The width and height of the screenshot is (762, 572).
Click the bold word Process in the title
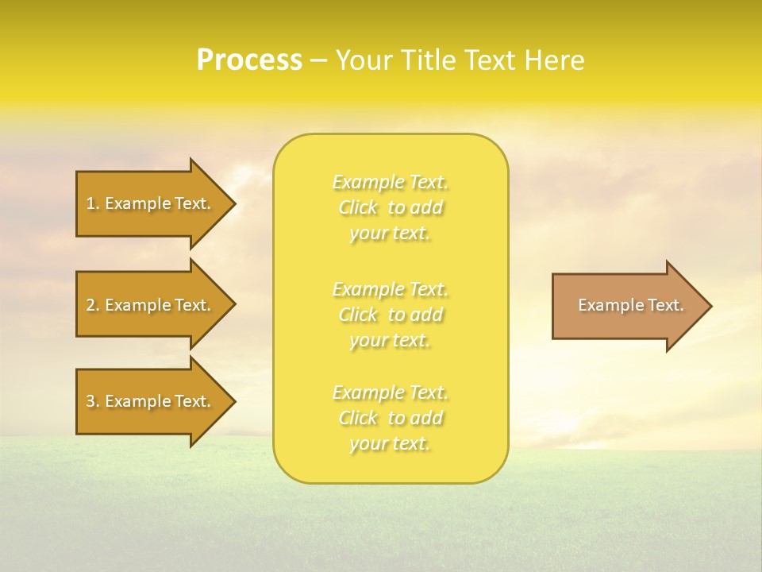249,60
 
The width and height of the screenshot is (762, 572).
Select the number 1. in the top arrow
92,203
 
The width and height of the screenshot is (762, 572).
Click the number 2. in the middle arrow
92,305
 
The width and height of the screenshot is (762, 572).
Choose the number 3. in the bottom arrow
92,401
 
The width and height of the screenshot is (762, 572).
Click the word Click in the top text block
358,207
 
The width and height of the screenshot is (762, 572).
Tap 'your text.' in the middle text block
390,340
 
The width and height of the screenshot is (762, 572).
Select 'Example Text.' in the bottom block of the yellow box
390,392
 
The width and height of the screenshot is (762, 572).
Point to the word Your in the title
364,60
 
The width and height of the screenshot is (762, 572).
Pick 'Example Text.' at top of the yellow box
390,182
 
